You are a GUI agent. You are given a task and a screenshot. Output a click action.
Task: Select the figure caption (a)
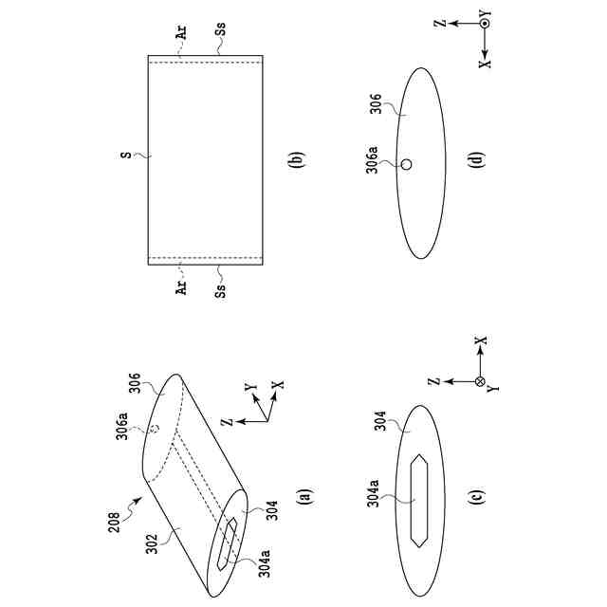303,494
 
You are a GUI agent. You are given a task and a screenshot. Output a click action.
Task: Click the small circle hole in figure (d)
407,164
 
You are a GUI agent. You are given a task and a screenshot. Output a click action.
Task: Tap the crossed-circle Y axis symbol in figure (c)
480,381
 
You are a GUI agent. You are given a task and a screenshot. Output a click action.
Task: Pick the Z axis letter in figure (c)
432,381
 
